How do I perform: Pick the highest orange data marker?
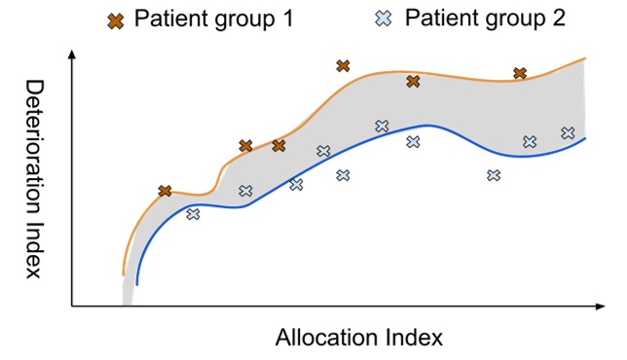[x=343, y=66]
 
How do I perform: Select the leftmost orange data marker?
[x=166, y=191]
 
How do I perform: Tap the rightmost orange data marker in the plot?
[x=520, y=74]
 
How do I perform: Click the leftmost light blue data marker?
[x=193, y=214]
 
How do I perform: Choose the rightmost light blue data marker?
[x=568, y=133]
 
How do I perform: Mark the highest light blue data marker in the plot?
[x=382, y=126]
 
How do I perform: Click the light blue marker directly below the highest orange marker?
[x=343, y=175]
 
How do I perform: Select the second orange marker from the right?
[x=413, y=82]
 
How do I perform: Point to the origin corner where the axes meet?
[x=72, y=306]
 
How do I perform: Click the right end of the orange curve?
[x=585, y=58]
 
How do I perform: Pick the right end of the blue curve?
[x=585, y=138]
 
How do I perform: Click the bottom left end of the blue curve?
[x=137, y=284]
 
